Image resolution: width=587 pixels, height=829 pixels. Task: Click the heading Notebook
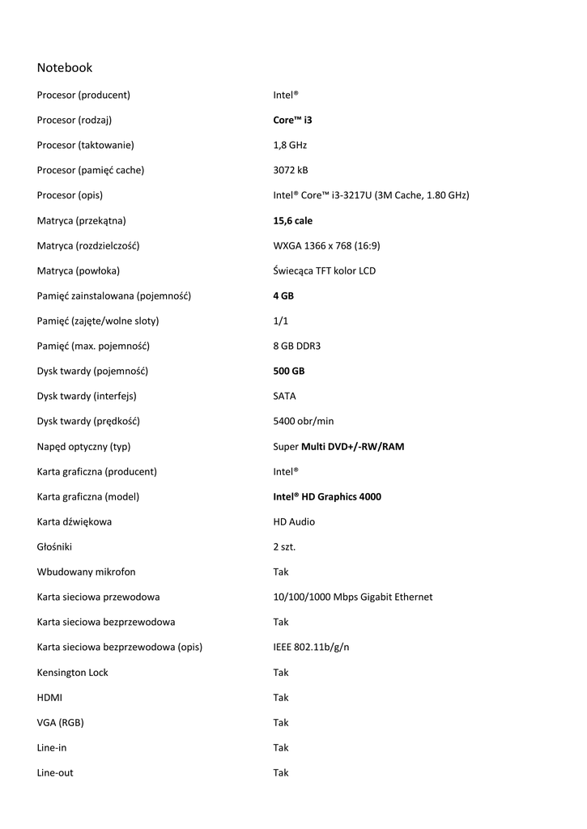65,68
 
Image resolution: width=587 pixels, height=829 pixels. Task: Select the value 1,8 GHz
290,146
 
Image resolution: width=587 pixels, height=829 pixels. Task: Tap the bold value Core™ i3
292,121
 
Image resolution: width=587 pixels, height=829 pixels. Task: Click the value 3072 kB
291,171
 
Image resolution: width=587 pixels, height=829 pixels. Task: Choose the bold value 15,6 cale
292,221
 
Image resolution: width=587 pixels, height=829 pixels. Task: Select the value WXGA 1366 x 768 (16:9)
326,246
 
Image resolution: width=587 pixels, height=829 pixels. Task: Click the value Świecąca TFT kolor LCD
324,271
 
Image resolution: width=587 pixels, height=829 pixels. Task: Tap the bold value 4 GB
283,296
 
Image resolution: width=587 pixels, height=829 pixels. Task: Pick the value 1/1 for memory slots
280,321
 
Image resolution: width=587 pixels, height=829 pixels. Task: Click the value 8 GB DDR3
296,346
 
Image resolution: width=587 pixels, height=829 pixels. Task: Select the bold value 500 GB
289,372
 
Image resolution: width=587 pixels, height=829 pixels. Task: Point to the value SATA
284,397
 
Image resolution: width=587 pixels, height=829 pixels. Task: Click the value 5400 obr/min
303,422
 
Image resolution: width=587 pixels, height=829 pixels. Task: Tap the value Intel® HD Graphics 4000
327,497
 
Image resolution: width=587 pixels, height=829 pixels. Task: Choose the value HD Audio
294,522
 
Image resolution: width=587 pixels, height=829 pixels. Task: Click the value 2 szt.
284,547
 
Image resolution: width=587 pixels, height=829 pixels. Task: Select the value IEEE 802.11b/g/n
312,648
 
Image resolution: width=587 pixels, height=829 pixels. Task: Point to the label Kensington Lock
72,673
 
